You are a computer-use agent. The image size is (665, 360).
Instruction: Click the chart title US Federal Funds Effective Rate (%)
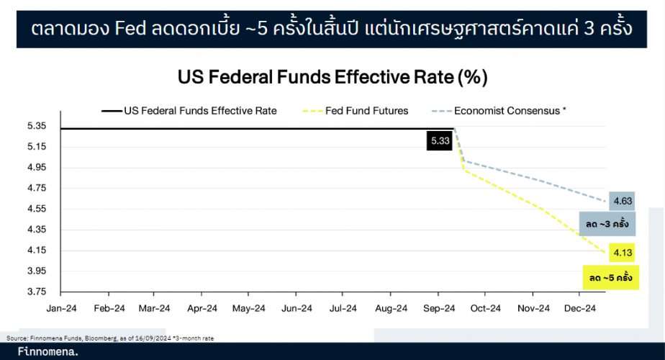[x=332, y=76]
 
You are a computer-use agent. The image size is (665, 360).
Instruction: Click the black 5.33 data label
[x=440, y=142]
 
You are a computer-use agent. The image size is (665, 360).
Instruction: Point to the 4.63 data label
[x=622, y=201]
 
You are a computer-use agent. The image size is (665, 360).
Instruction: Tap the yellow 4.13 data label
[x=622, y=252]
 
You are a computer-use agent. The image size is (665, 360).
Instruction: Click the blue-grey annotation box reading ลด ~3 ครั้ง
[x=607, y=224]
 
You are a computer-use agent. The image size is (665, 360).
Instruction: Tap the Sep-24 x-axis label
[x=438, y=308]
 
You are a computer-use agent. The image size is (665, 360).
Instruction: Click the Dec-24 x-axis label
[x=579, y=308]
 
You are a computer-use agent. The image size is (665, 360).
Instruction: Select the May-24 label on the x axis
[x=249, y=308]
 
